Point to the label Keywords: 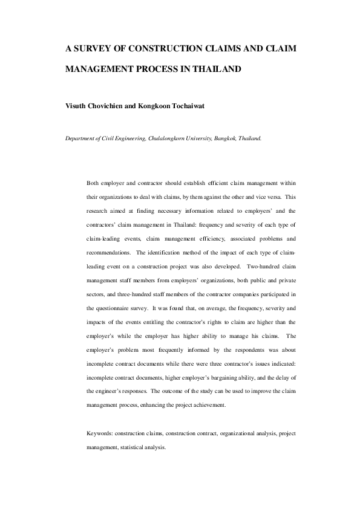[100, 434]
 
